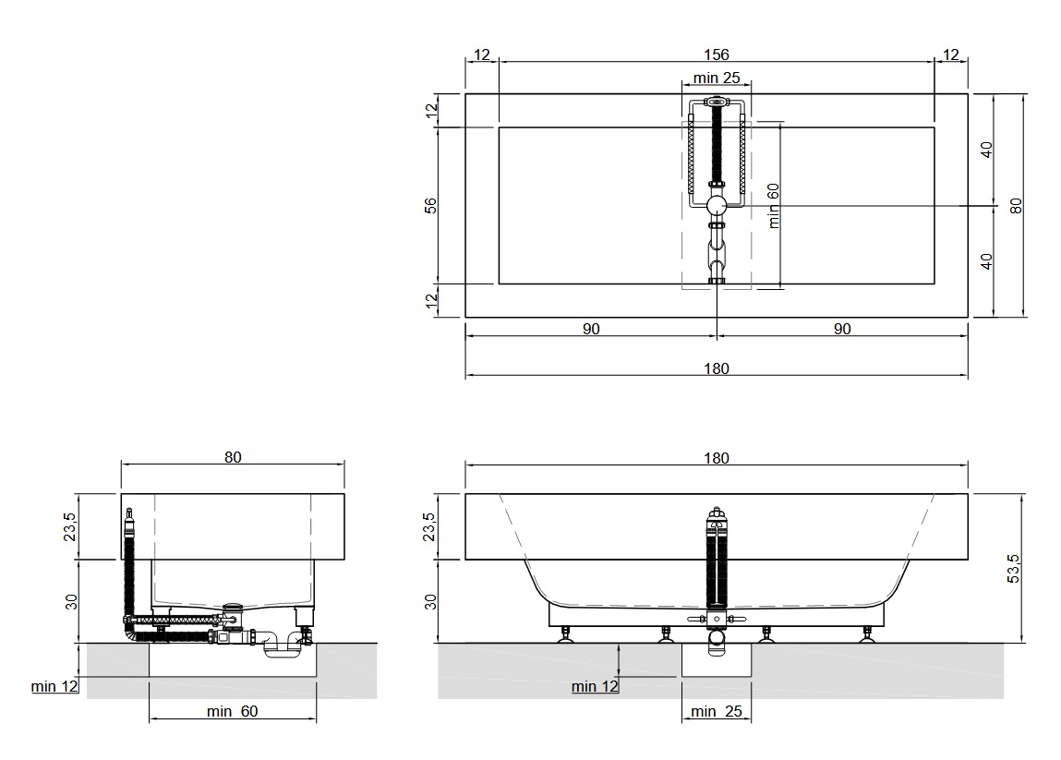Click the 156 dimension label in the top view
pyautogui.click(x=717, y=54)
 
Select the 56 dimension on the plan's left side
pyautogui.click(x=430, y=205)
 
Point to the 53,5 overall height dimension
pyautogui.click(x=1013, y=569)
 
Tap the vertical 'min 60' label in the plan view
pyautogui.click(x=774, y=205)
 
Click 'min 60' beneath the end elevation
pyautogui.click(x=232, y=711)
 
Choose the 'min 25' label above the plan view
pyautogui.click(x=717, y=78)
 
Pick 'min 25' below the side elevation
pyautogui.click(x=717, y=711)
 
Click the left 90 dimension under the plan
pyautogui.click(x=591, y=328)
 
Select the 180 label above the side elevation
pyautogui.click(x=717, y=457)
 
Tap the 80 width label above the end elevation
pyautogui.click(x=233, y=457)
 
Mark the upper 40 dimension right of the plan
pyautogui.click(x=986, y=150)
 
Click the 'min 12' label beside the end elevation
pyautogui.click(x=54, y=686)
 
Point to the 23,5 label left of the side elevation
pyautogui.click(x=429, y=526)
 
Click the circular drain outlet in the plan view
pyautogui.click(x=717, y=205)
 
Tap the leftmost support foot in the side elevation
pyautogui.click(x=565, y=634)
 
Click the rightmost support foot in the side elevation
pyautogui.click(x=866, y=634)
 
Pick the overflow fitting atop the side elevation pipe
pyautogui.click(x=717, y=518)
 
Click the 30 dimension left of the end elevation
pyautogui.click(x=71, y=602)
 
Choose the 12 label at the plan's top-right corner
pyautogui.click(x=951, y=54)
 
